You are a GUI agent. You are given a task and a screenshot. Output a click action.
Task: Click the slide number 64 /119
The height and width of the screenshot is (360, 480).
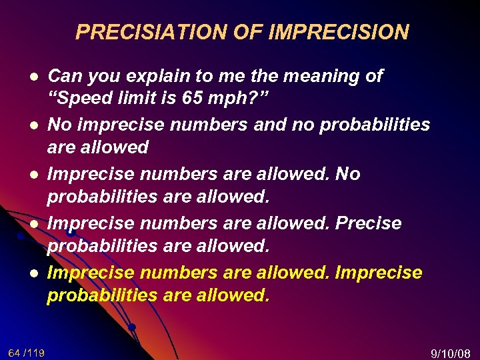coord(27,352)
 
